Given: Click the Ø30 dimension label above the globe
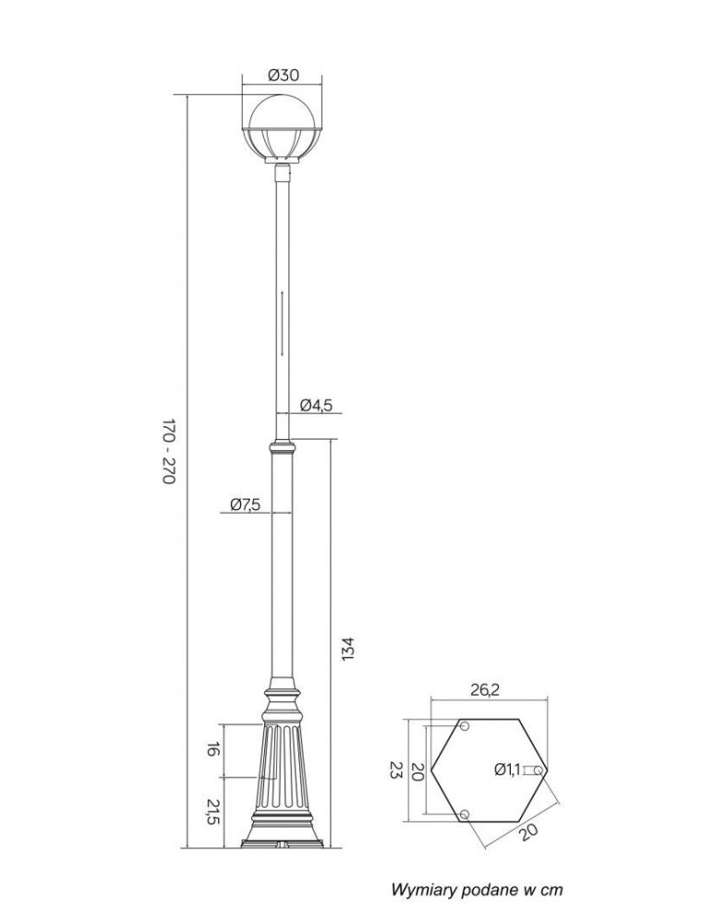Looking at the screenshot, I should coord(283,75).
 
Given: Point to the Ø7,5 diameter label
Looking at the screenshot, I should coord(245,504).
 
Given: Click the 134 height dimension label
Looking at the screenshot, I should coord(347,648).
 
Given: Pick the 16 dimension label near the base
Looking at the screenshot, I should coord(212,749).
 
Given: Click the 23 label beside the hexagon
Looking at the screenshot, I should coord(395,771).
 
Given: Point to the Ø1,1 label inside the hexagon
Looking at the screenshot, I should coord(507,769).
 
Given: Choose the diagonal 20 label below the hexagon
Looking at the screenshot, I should coord(527,831).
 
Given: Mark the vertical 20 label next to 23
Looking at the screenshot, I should coord(418,771).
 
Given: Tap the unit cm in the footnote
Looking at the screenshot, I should coord(551,890).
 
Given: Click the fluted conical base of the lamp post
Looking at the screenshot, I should coord(283,776).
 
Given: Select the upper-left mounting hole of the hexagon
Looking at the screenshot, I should coord(465,727).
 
